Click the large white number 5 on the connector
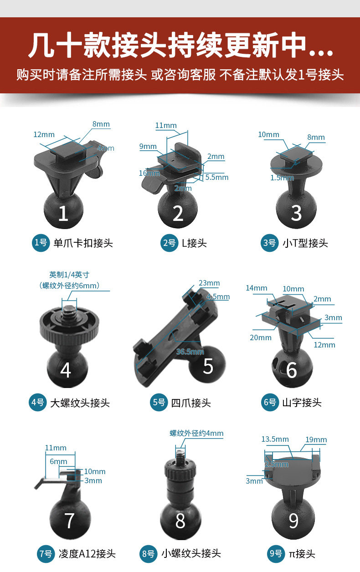click(208, 366)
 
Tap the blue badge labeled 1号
click(41, 243)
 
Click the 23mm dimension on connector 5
click(209, 283)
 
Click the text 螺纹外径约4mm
click(196, 433)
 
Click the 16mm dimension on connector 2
click(149, 173)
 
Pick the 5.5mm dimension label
click(216, 177)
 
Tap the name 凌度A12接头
click(87, 554)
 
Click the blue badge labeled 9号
click(276, 554)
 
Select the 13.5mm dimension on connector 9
click(275, 439)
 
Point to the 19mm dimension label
click(316, 439)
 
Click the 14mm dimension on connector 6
click(257, 288)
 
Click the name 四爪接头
click(191, 403)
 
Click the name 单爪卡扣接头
click(83, 243)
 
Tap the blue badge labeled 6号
click(270, 403)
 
